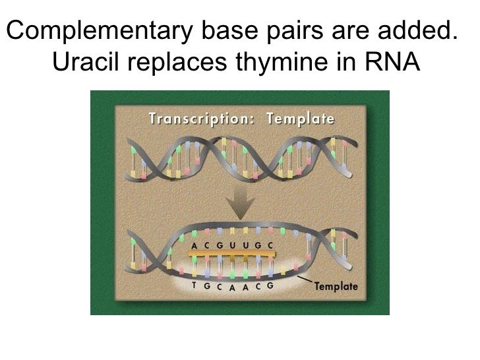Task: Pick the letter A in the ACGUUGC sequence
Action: [194, 245]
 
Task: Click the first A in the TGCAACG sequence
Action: [231, 287]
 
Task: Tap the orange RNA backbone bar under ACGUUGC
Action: [231, 254]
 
